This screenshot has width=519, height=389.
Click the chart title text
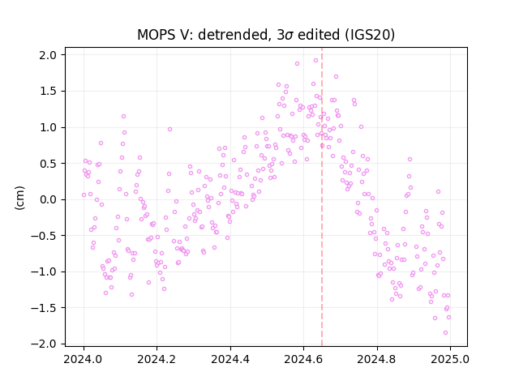point(266,35)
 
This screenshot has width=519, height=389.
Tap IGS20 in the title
point(370,35)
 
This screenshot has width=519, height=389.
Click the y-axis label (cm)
point(19,198)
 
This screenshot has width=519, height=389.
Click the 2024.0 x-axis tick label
point(84,359)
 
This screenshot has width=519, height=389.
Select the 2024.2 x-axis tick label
point(157,359)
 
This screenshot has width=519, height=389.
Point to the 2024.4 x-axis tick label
point(230,359)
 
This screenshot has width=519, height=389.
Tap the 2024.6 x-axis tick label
point(303,359)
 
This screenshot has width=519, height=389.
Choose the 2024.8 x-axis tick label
point(376,359)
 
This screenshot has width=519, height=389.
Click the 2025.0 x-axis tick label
point(450,359)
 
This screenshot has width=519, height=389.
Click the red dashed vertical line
point(322,197)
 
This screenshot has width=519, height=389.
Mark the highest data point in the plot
point(315,61)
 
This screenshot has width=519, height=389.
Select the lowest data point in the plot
point(445,333)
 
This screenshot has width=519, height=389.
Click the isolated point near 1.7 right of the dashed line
point(336,77)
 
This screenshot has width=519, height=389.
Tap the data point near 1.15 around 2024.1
point(123,117)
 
